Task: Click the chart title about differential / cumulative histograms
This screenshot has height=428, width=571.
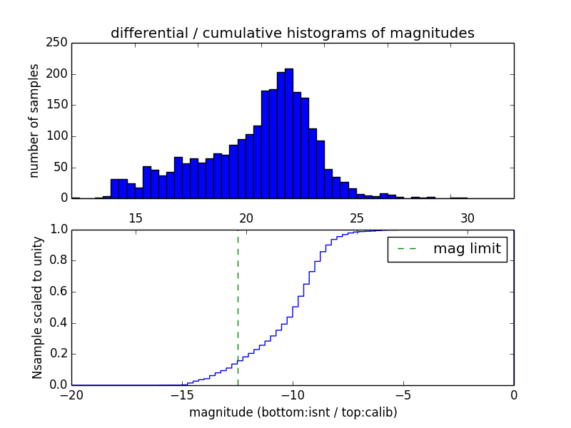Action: tap(292, 33)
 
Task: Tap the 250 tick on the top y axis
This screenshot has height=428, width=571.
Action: tap(59, 43)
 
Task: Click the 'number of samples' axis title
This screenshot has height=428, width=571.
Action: tap(34, 121)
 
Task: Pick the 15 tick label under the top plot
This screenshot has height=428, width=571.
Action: tap(136, 218)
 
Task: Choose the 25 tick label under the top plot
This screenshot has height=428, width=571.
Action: tap(357, 218)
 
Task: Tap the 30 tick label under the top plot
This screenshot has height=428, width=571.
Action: tap(468, 218)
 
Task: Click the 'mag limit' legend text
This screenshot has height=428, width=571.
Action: tap(467, 249)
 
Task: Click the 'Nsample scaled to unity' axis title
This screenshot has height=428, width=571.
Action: tap(37, 307)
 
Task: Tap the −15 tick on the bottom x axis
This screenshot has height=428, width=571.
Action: tap(182, 394)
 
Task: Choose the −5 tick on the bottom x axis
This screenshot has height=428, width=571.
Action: tap(403, 394)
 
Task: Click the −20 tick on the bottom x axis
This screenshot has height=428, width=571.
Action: tap(71, 394)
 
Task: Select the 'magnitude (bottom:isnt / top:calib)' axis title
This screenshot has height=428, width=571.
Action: tap(293, 412)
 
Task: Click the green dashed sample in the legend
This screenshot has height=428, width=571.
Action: tap(407, 249)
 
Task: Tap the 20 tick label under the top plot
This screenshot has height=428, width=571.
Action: tap(246, 218)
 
